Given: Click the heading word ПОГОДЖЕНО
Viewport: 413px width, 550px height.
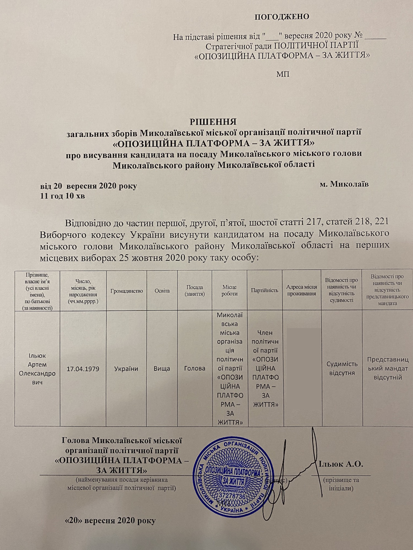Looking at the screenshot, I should (x=281, y=17).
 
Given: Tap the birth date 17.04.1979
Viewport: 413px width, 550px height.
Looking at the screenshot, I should (x=83, y=369).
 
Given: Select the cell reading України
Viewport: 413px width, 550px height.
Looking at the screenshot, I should (x=126, y=369).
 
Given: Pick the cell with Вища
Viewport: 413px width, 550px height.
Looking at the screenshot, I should (x=162, y=369).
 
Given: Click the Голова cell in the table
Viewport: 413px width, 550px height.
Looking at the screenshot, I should (x=195, y=369).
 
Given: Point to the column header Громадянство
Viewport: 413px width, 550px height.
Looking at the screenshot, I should (x=127, y=291).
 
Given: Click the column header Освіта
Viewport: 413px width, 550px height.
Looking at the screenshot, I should (x=162, y=291).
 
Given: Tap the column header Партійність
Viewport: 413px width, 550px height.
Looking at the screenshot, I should (x=265, y=290).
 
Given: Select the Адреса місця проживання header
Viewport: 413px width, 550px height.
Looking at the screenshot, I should (x=301, y=290).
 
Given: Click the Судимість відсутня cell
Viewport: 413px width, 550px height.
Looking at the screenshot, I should (x=342, y=369).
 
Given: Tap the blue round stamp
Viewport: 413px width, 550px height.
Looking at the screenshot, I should (x=232, y=477).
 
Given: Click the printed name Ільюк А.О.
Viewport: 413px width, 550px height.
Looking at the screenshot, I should (x=341, y=464).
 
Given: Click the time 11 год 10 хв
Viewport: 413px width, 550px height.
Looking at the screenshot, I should (x=63, y=196).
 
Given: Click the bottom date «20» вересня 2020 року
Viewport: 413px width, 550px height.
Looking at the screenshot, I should (x=110, y=521).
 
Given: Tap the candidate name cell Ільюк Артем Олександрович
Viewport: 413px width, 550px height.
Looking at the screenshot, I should (x=37, y=369).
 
